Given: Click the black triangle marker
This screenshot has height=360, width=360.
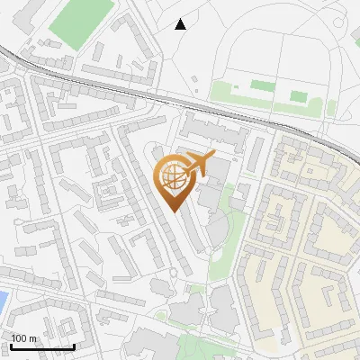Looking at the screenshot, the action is pyautogui.click(x=180, y=24).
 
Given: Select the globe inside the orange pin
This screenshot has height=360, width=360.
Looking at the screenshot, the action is pyautogui.click(x=174, y=178).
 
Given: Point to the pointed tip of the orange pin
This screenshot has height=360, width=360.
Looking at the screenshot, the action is pyautogui.click(x=174, y=212).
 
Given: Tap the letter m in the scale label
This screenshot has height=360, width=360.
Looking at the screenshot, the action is pyautogui.click(x=33, y=339).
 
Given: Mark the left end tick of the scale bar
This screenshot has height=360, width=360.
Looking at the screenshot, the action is pyautogui.click(x=11, y=346).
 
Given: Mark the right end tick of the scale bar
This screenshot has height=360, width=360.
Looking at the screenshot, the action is pyautogui.click(x=74, y=346).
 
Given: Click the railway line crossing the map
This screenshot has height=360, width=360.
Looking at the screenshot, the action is pyautogui.click(x=135, y=90).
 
